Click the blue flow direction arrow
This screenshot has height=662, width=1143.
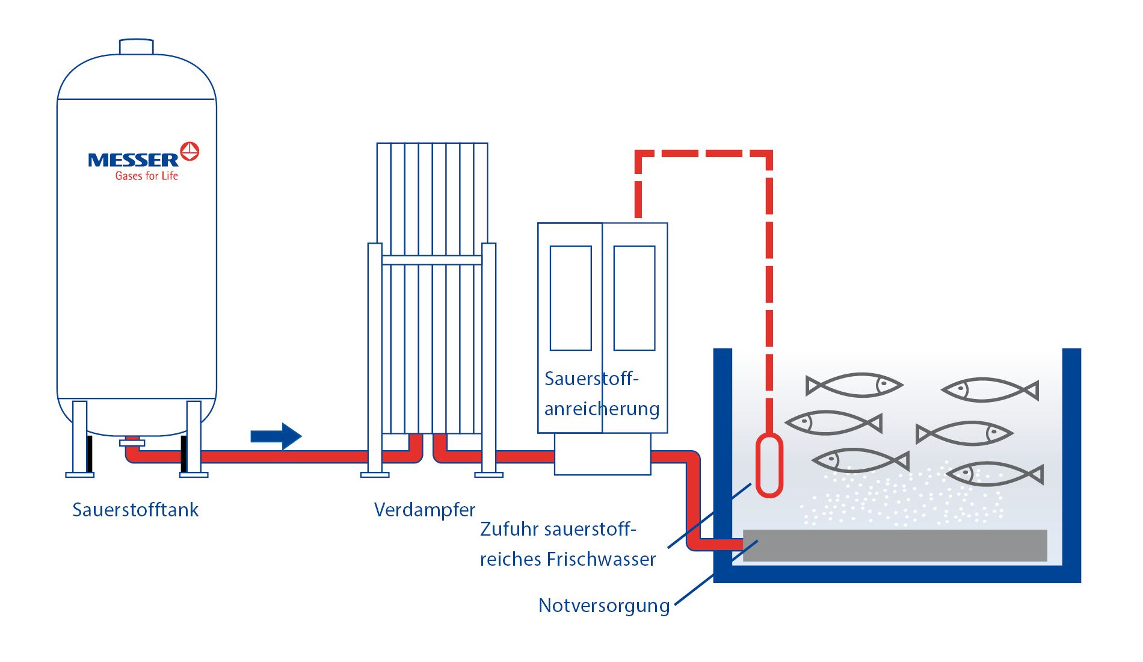276,436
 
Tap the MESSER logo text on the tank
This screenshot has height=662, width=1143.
133,160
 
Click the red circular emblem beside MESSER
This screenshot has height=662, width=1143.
189,151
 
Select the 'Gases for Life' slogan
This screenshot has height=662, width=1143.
146,176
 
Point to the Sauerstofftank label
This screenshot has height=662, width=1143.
135,510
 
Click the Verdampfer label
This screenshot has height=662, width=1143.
424,510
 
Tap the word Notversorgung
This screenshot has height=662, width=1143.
604,605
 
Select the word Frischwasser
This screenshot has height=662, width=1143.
601,560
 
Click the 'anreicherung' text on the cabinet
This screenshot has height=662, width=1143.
602,409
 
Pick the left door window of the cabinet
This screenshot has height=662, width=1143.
570,298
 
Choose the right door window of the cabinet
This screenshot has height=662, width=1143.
634,298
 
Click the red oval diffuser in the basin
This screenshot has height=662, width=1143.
769,465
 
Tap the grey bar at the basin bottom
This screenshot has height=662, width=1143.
895,545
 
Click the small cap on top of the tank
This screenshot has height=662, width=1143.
136,46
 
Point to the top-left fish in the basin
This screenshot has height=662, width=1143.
854,385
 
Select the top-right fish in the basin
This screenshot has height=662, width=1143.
990,390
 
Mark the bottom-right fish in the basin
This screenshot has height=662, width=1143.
995,474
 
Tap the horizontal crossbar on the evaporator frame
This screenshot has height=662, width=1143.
431,260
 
